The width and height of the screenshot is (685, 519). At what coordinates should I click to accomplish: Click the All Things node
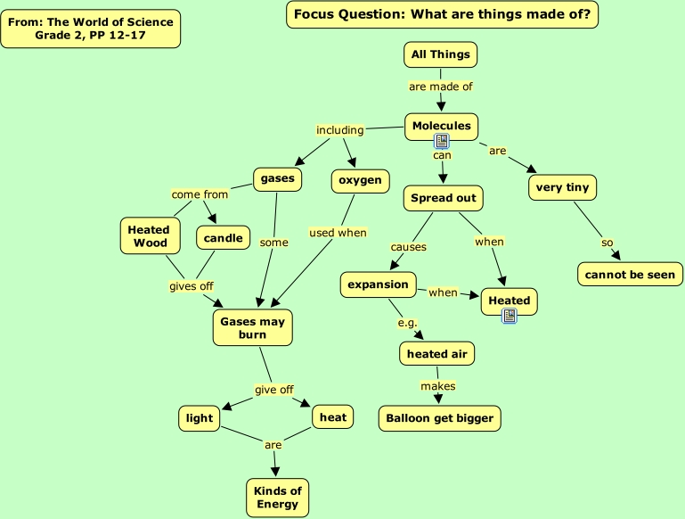click(x=440, y=54)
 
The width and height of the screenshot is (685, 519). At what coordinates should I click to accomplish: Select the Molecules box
click(x=441, y=127)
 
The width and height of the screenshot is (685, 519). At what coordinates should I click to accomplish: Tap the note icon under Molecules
click(x=441, y=141)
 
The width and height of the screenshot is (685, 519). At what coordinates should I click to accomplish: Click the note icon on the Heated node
click(x=510, y=315)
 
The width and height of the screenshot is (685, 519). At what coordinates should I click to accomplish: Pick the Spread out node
click(x=444, y=198)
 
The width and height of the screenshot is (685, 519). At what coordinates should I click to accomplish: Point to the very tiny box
click(x=562, y=187)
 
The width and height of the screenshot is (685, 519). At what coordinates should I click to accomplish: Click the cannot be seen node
click(x=630, y=275)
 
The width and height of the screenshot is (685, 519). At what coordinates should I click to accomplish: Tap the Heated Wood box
click(x=148, y=235)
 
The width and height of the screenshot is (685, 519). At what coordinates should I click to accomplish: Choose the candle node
click(x=223, y=238)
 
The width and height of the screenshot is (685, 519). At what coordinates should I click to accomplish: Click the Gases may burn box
click(x=253, y=327)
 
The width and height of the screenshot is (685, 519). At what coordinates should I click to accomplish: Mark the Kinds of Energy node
click(x=278, y=498)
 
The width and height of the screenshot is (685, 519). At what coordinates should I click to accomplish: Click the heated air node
click(x=436, y=354)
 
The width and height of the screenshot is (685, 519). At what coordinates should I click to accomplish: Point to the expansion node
click(x=378, y=285)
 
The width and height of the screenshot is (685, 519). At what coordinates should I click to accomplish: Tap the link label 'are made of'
click(x=440, y=86)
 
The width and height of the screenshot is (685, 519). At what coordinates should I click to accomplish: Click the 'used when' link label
click(x=338, y=233)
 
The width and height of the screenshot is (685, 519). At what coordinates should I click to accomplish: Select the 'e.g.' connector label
click(x=407, y=322)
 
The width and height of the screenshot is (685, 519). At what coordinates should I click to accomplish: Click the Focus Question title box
click(x=442, y=14)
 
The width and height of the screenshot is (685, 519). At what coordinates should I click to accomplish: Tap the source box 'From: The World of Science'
click(x=91, y=29)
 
